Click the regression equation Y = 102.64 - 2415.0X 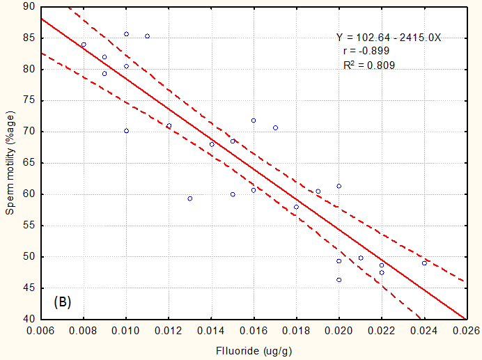[388, 38]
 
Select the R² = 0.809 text [369, 65]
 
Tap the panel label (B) [63, 302]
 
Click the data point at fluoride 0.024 [424, 263]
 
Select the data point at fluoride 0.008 [84, 45]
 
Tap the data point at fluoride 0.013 [189, 198]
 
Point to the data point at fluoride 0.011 [147, 36]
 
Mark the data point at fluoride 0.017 [275, 127]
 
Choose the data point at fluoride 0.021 [361, 258]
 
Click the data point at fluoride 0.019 [318, 191]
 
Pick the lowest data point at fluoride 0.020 [339, 280]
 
